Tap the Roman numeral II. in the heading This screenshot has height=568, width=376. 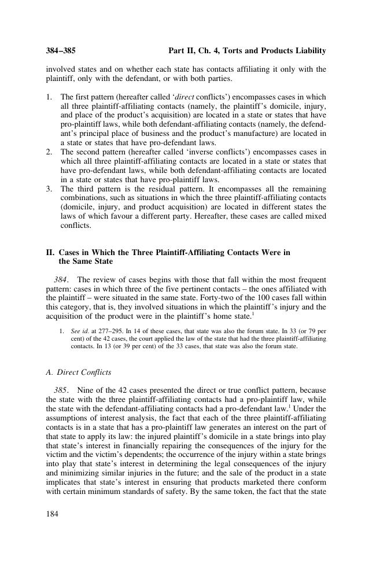(50, 253)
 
